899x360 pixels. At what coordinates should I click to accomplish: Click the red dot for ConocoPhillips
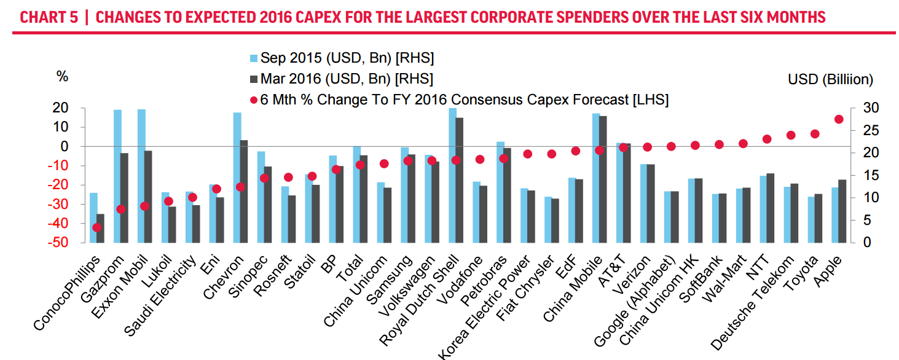coord(96,227)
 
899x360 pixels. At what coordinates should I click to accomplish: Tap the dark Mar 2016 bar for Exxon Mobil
coord(148,196)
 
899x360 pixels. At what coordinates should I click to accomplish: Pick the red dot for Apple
coord(839,119)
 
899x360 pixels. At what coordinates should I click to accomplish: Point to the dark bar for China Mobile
coord(603,179)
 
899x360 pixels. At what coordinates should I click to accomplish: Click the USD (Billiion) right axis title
coord(830,79)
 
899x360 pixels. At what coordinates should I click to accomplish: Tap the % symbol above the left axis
coord(62,76)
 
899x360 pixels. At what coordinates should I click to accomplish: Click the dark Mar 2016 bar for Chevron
coord(244,191)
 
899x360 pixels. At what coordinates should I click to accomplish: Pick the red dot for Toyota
coord(815,133)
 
